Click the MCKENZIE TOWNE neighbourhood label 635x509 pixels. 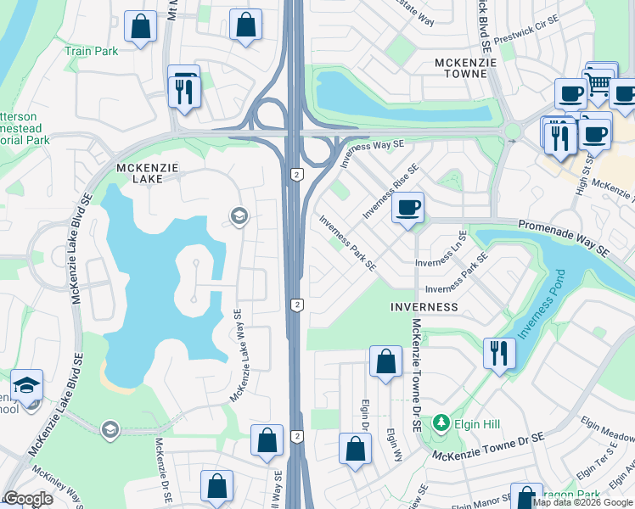460,68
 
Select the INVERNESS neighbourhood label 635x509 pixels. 424,306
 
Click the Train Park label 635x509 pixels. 92,50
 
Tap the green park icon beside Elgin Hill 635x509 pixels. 440,422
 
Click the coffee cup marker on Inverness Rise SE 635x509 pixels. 408,208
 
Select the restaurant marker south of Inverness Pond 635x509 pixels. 499,352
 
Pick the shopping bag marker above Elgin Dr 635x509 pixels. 385,362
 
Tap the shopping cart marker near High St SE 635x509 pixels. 600,81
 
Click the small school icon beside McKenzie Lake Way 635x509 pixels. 239,216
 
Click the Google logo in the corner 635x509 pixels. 28,499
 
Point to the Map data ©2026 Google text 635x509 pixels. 582,502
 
